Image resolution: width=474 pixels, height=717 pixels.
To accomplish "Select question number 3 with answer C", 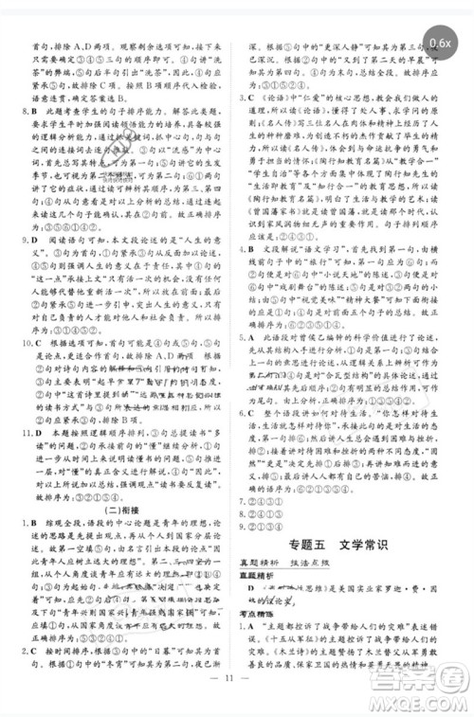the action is pyautogui.click(x=247, y=122).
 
